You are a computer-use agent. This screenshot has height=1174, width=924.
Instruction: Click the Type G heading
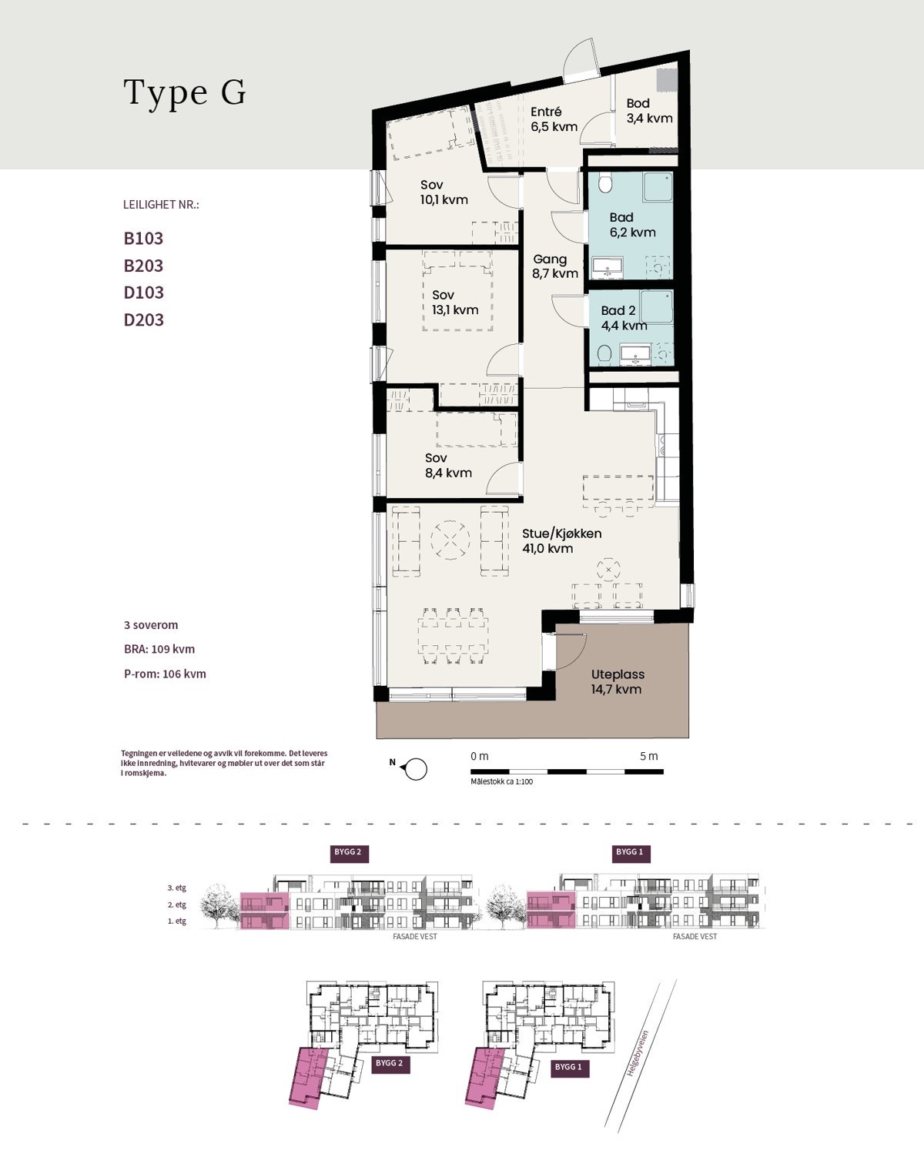[x=185, y=92]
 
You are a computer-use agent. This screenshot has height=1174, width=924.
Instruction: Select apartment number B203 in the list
[x=143, y=266]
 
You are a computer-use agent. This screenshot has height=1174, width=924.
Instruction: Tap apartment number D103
[x=143, y=293]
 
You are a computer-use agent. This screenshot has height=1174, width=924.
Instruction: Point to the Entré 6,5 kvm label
[x=554, y=119]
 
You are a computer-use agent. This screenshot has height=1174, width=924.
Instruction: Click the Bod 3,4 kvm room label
[x=649, y=111]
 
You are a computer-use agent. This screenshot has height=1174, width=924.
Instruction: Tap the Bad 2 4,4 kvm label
[x=624, y=318]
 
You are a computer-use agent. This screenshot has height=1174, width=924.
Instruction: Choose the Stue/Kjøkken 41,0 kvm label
[x=561, y=540]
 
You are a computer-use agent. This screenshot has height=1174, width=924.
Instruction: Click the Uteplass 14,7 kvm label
[x=618, y=682]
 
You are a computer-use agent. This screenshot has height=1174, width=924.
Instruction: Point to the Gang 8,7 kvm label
[x=555, y=266]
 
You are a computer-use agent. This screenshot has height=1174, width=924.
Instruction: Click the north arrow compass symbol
[x=414, y=769]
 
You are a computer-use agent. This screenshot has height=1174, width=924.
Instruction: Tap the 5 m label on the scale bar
[x=649, y=756]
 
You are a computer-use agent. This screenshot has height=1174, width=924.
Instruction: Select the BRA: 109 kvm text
[x=159, y=649]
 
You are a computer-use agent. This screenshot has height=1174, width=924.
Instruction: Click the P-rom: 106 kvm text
[x=165, y=674]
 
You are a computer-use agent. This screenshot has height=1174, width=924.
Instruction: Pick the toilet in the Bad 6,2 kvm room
[x=604, y=183]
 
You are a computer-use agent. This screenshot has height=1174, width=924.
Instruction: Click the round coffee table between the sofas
[x=450, y=540]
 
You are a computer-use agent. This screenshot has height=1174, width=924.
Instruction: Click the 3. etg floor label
[x=177, y=888]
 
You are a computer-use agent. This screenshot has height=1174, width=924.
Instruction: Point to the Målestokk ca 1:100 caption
[x=501, y=781]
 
